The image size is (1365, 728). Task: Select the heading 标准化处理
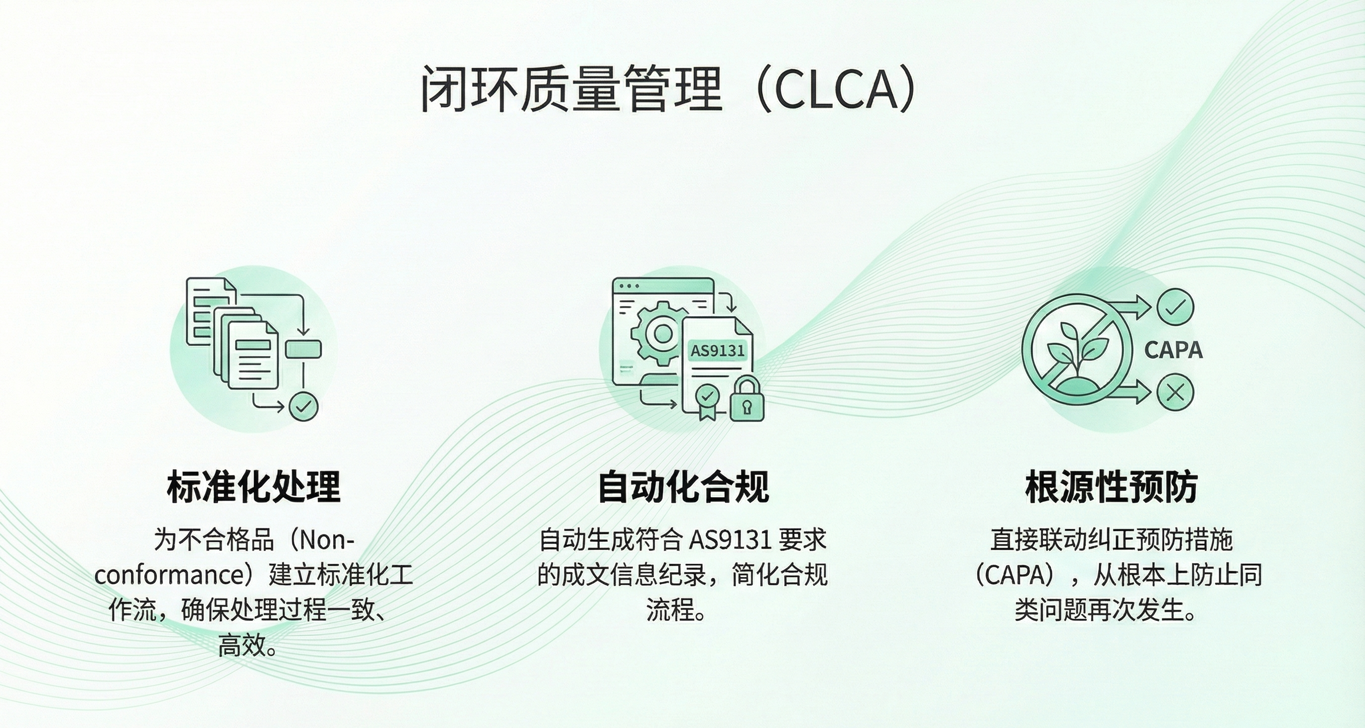[254, 486]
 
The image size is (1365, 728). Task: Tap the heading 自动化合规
[683, 486]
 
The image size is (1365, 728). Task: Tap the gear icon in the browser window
[661, 333]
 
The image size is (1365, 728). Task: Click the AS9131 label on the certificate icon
[718, 350]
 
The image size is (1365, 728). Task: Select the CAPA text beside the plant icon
[1173, 350]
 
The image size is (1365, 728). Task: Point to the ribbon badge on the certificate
[707, 401]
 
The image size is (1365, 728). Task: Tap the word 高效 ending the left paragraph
[242, 646]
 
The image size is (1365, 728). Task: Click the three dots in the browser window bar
[629, 286]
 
